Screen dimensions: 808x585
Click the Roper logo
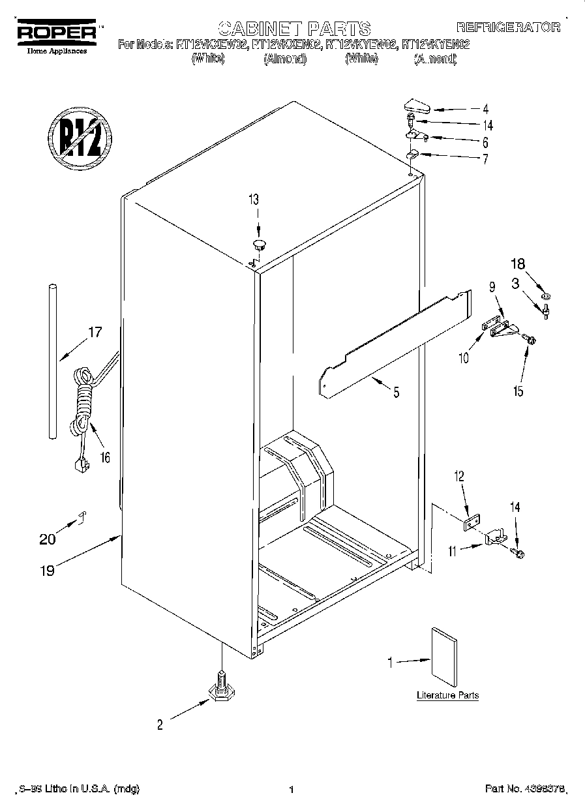(57, 33)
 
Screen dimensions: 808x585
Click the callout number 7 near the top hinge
(485, 160)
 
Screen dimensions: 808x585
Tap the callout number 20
(47, 539)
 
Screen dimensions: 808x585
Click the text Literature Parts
(447, 695)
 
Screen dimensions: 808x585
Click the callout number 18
(517, 264)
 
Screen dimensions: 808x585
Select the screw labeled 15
(529, 339)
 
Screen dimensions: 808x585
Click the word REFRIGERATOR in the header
(507, 27)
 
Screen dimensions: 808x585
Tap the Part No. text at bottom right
(526, 790)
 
